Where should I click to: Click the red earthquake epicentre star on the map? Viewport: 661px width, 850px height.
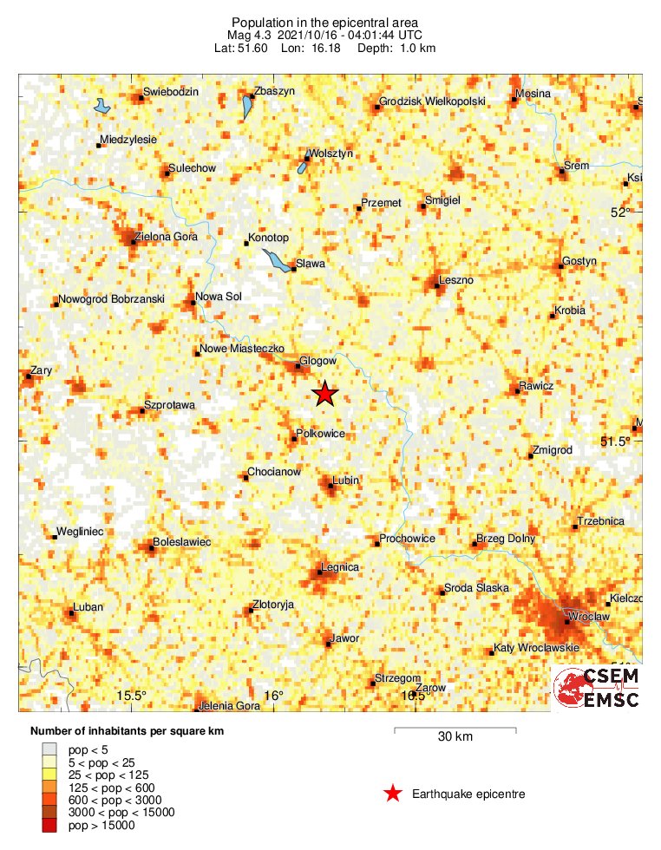point(324,395)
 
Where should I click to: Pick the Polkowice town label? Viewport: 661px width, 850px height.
point(321,433)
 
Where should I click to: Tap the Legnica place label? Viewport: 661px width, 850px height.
point(340,567)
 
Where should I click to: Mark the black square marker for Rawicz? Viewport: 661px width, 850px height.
point(518,391)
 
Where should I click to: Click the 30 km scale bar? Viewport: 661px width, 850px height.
point(455,730)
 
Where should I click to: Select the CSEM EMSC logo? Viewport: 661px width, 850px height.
point(597,689)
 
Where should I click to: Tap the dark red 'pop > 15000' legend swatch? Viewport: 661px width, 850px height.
point(49,826)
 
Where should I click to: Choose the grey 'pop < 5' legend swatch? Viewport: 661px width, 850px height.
point(49,748)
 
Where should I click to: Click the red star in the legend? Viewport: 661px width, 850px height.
point(393,793)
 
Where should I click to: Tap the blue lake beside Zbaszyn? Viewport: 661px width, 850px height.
point(247,108)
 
